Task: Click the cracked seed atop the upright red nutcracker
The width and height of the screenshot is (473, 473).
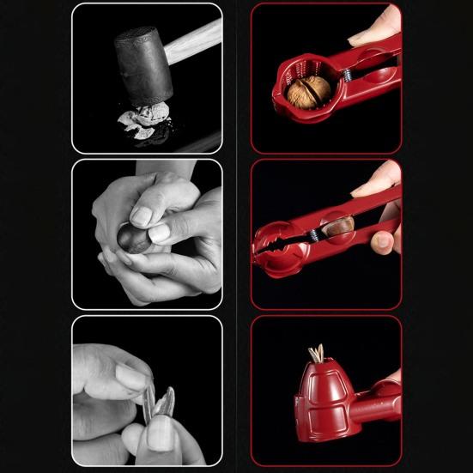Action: [317, 354]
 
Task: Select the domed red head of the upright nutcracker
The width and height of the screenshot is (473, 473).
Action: [318, 391]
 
